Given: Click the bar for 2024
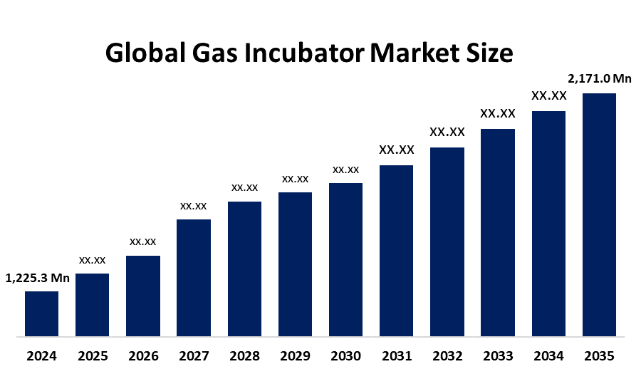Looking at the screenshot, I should tap(41, 313).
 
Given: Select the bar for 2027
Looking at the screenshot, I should tap(194, 277).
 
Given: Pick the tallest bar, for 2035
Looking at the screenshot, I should tap(599, 214).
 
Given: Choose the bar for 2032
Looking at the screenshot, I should tap(447, 241).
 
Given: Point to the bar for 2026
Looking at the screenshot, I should tap(143, 296).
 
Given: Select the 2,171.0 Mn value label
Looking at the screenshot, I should tap(599, 79).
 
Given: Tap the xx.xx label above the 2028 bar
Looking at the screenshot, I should tap(244, 187).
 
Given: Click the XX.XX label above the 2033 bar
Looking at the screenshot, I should tap(498, 113).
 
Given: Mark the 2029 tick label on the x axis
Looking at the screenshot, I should tap(295, 355).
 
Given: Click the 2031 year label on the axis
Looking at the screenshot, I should tap(396, 355).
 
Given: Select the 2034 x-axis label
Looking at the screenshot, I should tap(548, 355).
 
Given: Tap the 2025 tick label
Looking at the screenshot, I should tap(93, 355).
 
